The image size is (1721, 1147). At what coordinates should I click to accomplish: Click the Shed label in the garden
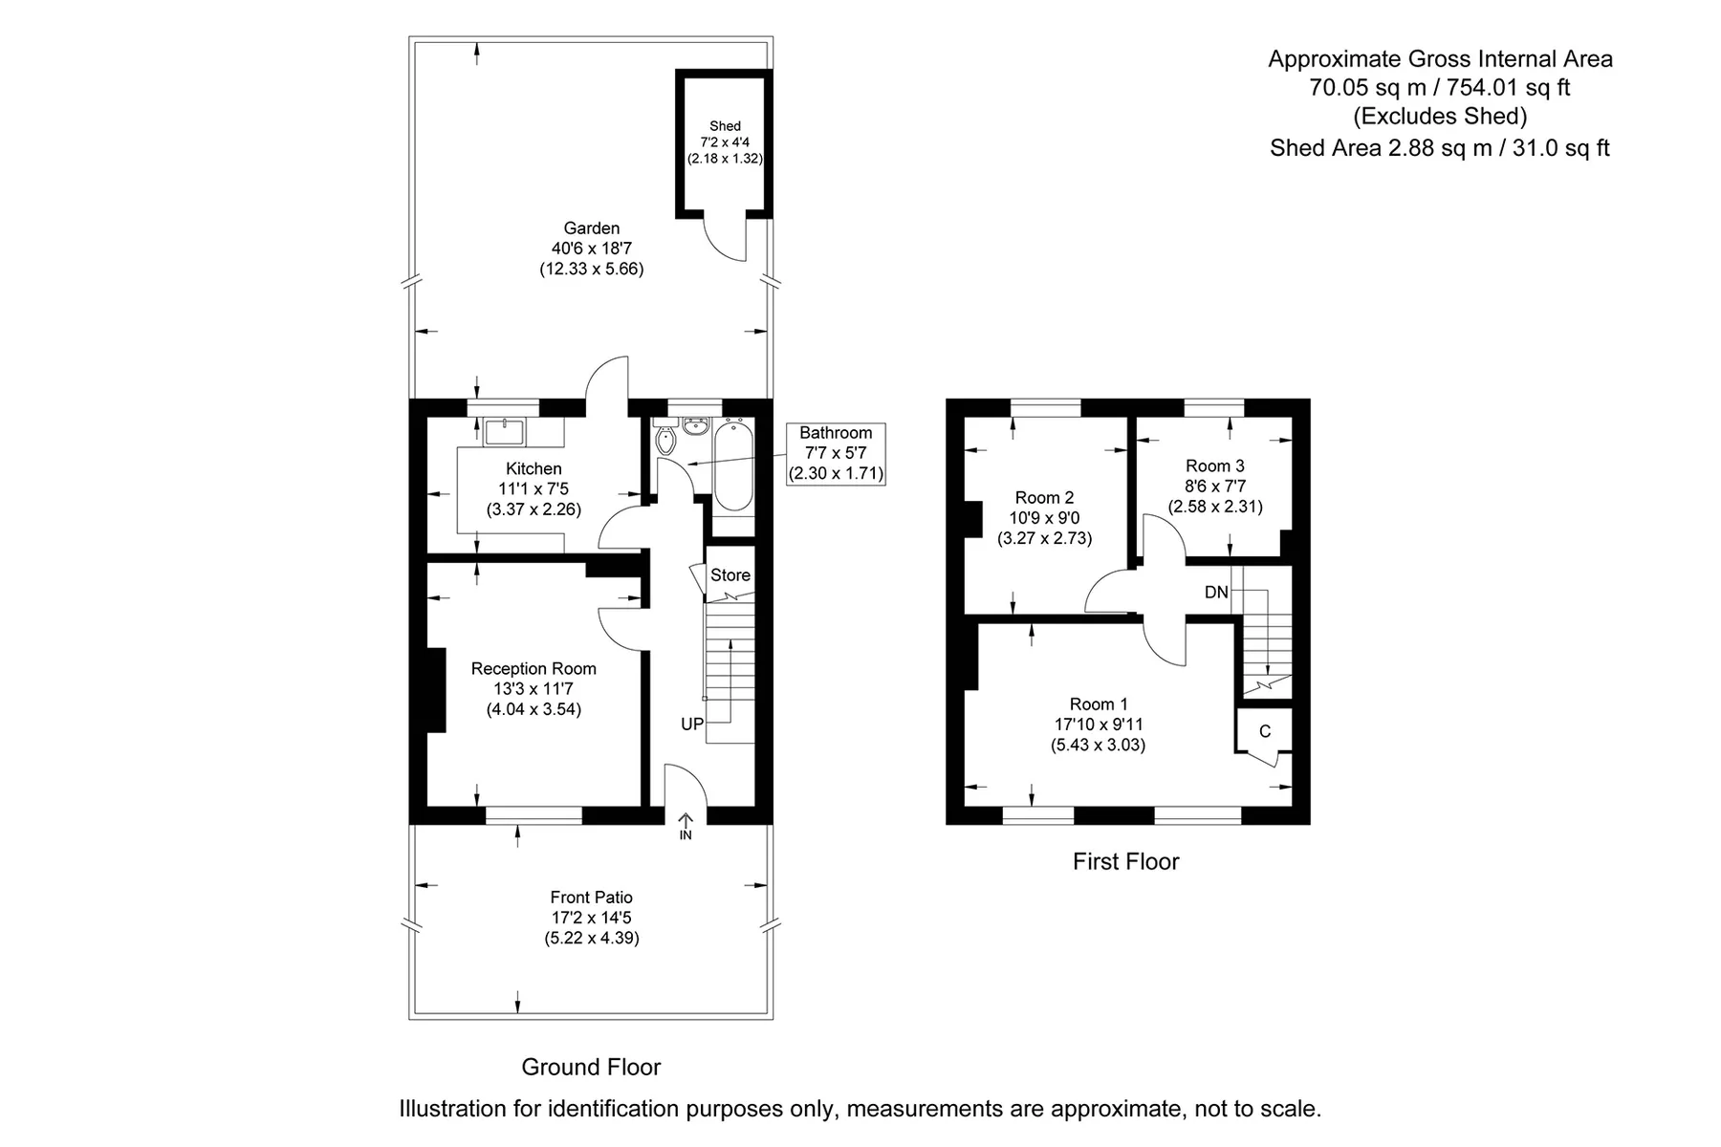[725, 126]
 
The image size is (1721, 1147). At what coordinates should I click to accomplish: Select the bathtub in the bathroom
[733, 465]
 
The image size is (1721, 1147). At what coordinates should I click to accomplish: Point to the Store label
[730, 575]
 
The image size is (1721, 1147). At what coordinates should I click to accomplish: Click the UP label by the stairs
[692, 725]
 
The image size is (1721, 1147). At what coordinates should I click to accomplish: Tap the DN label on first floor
[1216, 593]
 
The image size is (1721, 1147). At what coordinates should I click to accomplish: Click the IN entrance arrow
[686, 826]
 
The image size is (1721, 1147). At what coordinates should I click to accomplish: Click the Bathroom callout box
[836, 453]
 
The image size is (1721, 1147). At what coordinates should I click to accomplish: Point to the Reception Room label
[534, 669]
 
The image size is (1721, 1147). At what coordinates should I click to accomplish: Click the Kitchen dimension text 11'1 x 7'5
[534, 489]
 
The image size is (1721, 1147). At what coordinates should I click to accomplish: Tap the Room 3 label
[1215, 466]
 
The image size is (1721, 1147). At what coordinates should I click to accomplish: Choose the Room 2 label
[1044, 498]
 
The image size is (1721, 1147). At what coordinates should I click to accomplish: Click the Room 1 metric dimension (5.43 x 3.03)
[1099, 745]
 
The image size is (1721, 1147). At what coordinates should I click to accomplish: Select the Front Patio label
[592, 898]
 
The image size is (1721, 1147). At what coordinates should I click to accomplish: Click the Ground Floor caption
[591, 1067]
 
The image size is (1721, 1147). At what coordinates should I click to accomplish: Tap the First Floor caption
[1126, 861]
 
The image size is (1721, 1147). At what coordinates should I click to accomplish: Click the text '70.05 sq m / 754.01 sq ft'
[1440, 88]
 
